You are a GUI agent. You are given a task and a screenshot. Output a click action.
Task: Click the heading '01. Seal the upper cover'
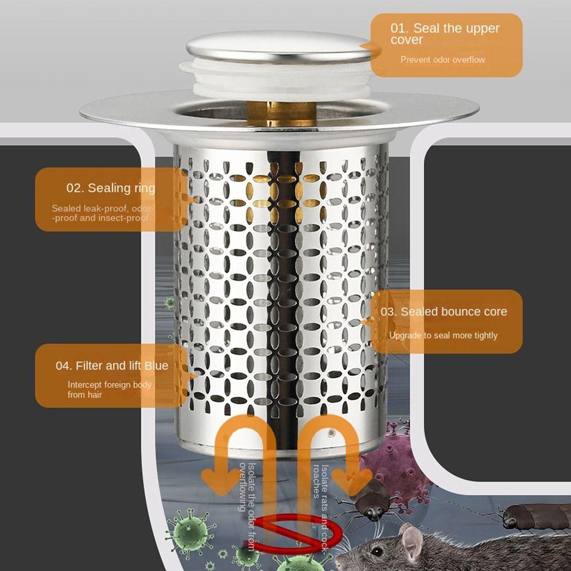(445, 34)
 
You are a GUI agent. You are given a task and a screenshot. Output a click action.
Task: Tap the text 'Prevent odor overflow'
(443, 60)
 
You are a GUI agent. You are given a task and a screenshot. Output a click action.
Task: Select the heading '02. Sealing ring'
(111, 188)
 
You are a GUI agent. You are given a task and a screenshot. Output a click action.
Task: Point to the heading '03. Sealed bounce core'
(444, 312)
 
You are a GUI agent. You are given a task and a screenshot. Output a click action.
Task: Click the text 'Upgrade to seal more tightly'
(443, 335)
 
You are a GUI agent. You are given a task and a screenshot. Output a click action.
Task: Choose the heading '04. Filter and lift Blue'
(112, 365)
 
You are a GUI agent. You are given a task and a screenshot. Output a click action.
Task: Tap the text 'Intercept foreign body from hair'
(109, 389)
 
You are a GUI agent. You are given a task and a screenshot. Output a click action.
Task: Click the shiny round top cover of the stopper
(279, 47)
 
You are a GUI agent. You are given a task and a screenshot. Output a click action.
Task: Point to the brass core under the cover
(282, 114)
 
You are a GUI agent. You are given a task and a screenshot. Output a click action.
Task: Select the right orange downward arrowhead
(351, 481)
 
